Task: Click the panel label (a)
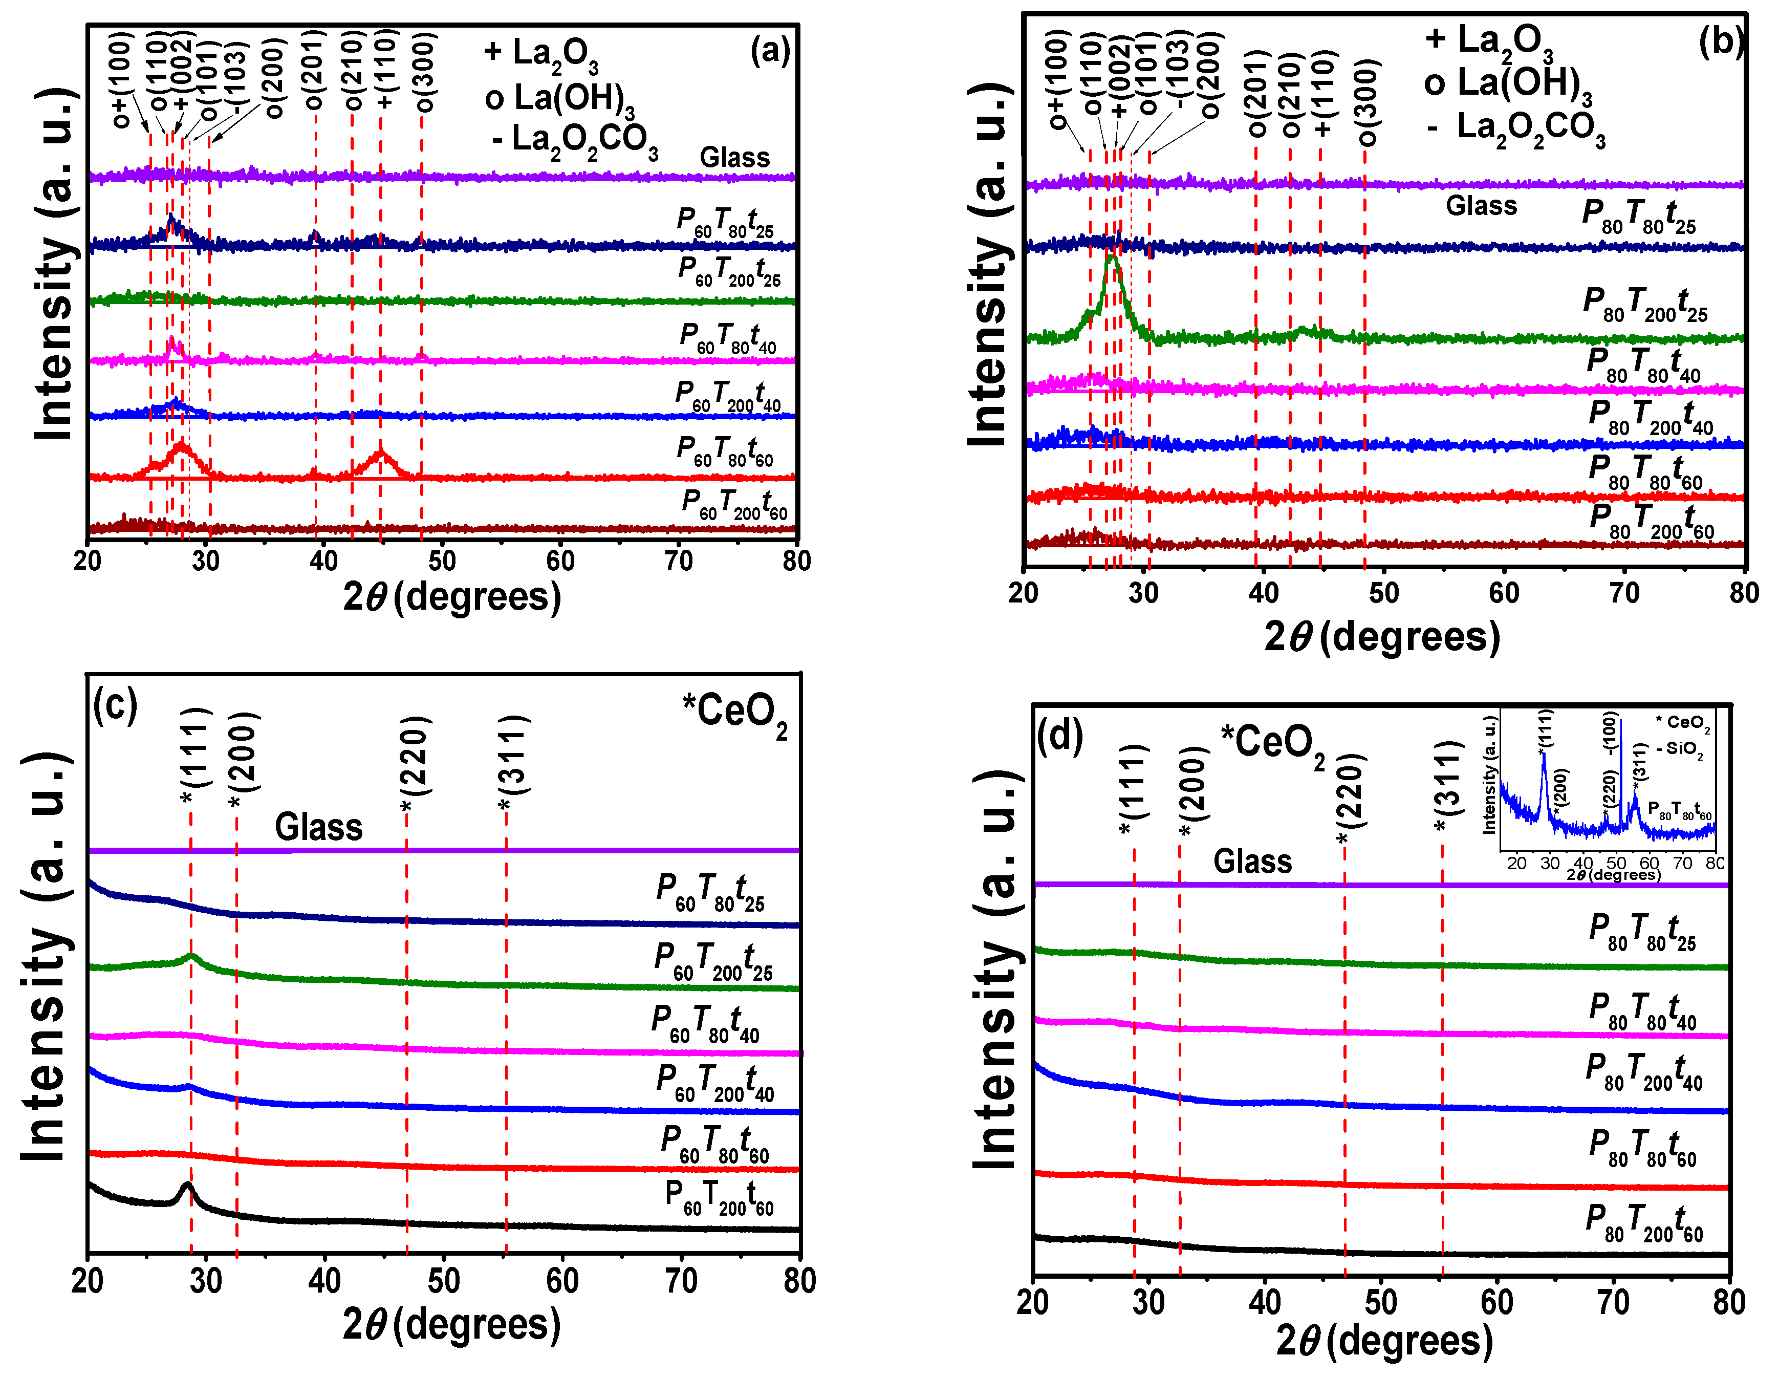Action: [x=769, y=51]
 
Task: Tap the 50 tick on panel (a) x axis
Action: [x=442, y=561]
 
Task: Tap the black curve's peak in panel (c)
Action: [x=187, y=1187]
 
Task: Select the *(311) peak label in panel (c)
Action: [x=514, y=762]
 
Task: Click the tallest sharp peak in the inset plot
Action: [x=1620, y=725]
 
